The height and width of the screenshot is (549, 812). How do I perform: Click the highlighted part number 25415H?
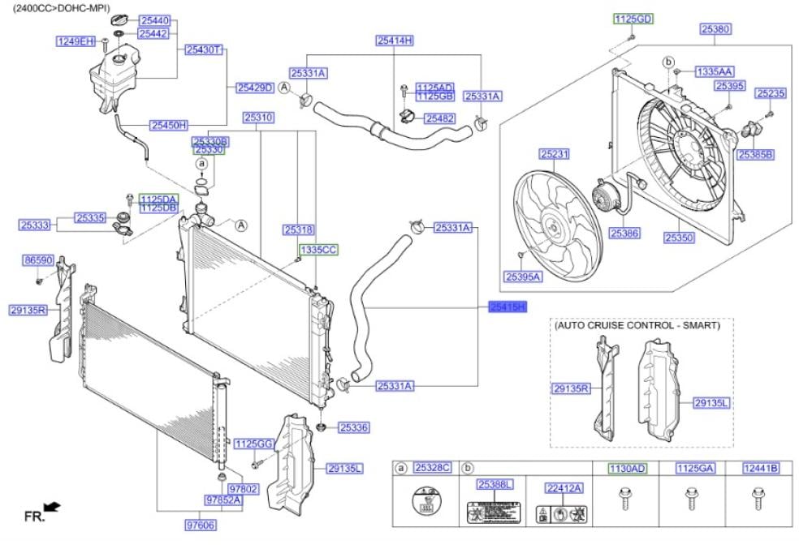(x=508, y=307)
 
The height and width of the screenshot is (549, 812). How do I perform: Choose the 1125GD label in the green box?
(x=633, y=19)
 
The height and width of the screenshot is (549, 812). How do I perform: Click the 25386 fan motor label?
(x=624, y=233)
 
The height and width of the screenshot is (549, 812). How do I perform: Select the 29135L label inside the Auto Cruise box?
(x=712, y=401)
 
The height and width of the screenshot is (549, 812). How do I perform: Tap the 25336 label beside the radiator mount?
(x=354, y=427)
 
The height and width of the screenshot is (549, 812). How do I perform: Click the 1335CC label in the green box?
(x=317, y=251)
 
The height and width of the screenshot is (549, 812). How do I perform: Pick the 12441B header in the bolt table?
(x=761, y=468)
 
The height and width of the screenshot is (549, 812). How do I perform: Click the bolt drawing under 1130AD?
(x=625, y=497)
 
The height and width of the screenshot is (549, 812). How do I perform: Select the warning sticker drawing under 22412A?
(x=563, y=513)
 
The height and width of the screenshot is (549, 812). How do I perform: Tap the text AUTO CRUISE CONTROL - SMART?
(x=637, y=325)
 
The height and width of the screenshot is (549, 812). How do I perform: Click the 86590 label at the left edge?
(x=38, y=260)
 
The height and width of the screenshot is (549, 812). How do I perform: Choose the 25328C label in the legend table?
(x=432, y=468)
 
